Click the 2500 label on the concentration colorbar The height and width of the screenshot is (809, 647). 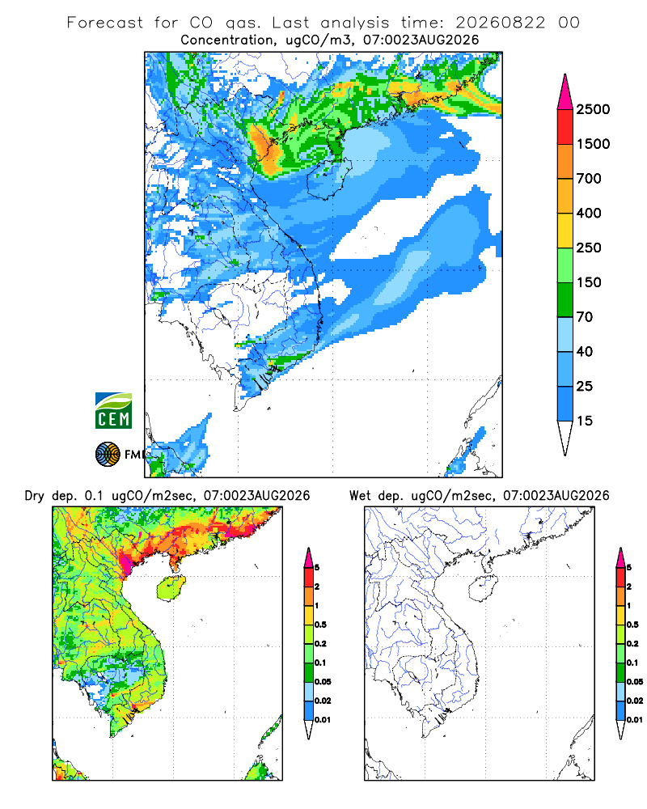tap(593, 109)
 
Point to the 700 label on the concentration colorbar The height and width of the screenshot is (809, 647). tap(589, 179)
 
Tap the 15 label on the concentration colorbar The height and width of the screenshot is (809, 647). tap(584, 421)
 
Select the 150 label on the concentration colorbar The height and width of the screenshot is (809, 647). tap(589, 282)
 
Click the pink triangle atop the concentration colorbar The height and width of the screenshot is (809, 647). tap(565, 93)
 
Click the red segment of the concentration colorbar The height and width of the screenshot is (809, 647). tap(565, 127)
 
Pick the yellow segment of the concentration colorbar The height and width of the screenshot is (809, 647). tap(565, 231)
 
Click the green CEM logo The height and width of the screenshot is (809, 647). tap(113, 410)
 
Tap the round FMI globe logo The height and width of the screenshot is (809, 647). tap(108, 455)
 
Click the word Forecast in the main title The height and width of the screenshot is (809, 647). tap(105, 23)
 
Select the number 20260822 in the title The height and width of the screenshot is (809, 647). tap(500, 23)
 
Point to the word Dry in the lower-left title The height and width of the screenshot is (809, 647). tap(35, 496)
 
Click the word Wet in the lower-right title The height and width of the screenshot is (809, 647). tap(360, 496)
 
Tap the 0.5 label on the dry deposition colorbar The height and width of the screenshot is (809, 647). tap(320, 625)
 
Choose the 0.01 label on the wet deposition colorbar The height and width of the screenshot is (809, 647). tap(635, 720)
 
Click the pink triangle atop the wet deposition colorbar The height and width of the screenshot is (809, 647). tap(620, 557)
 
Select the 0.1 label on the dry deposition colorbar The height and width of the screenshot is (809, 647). tap(320, 663)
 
